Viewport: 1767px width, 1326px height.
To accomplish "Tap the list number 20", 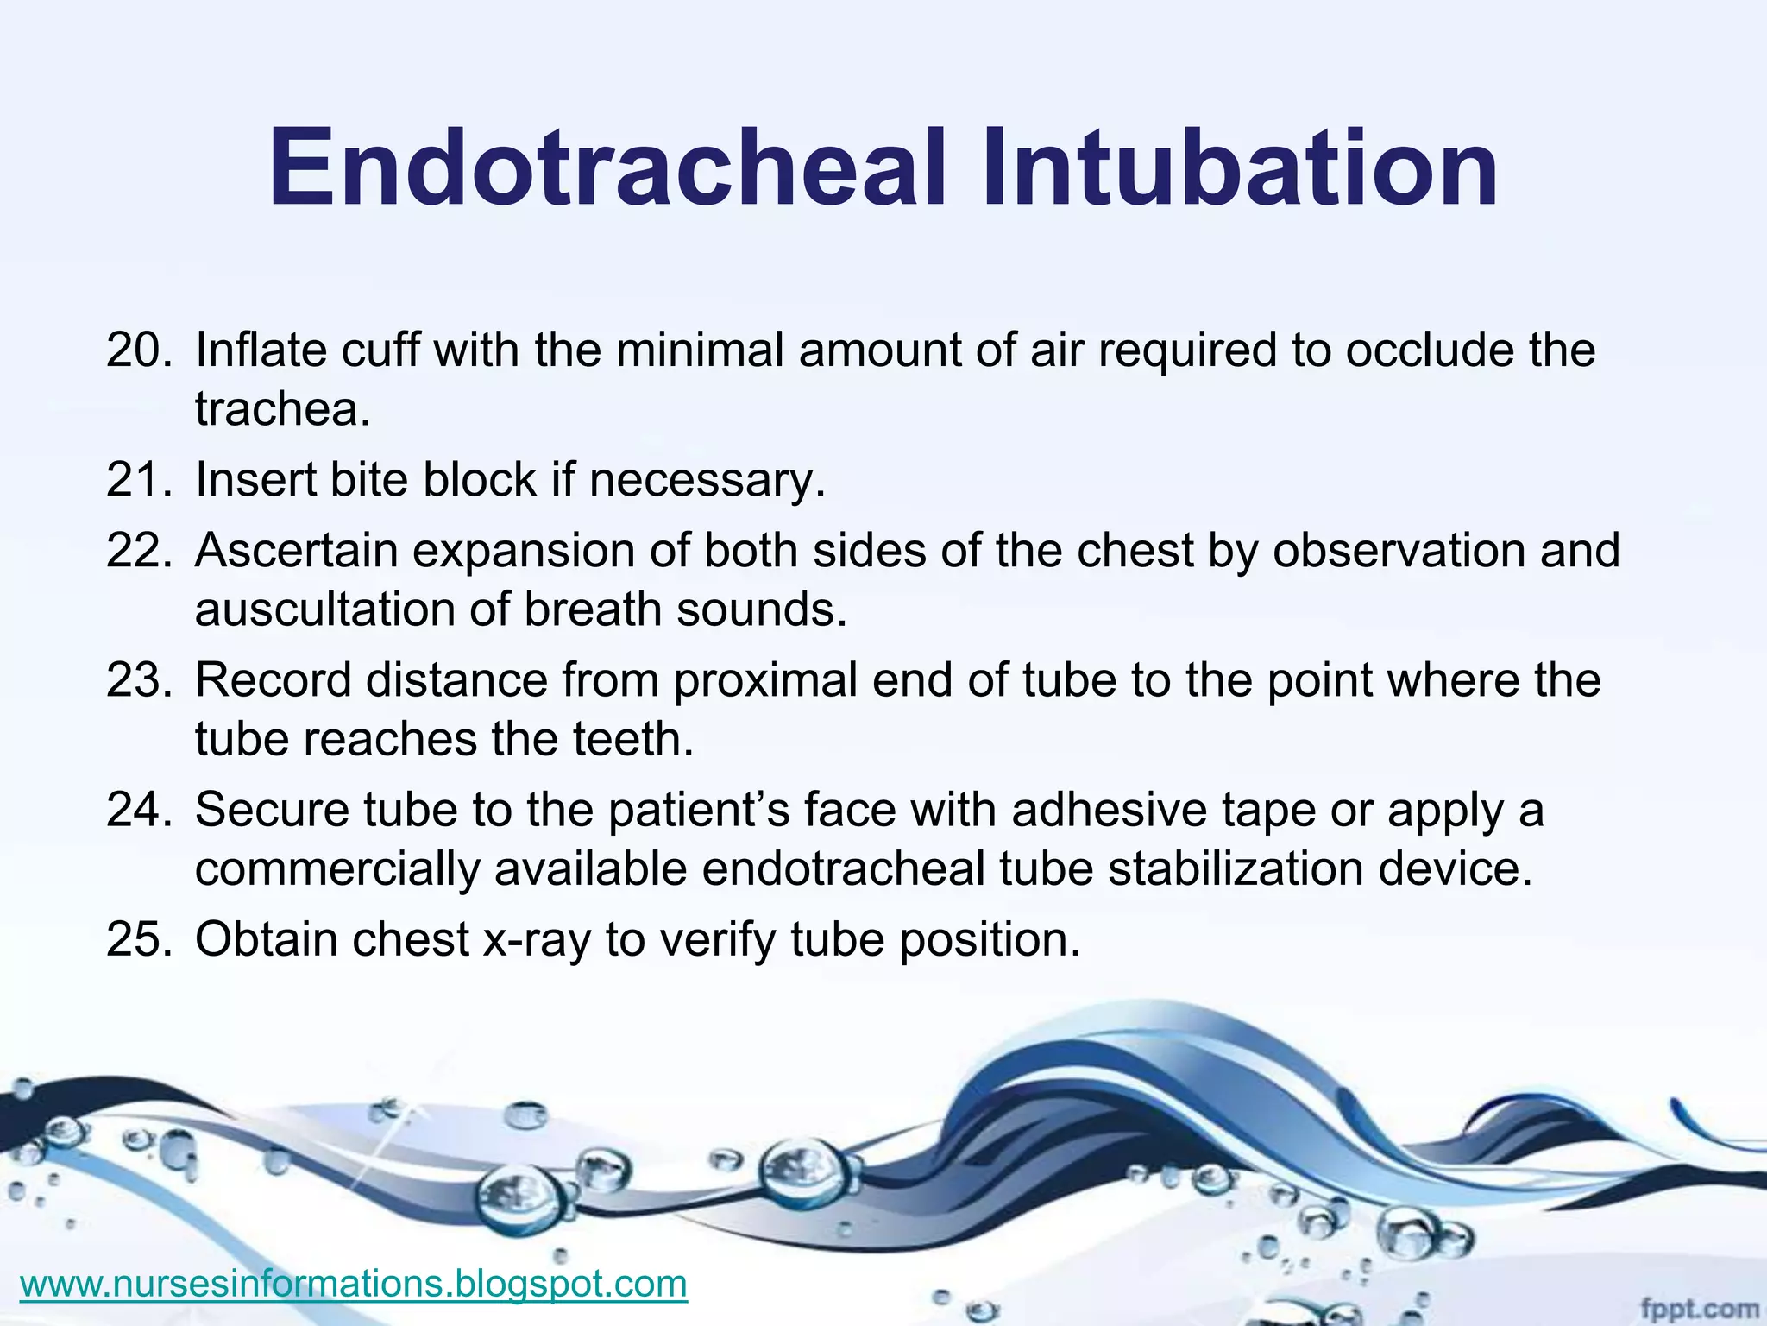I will tap(138, 350).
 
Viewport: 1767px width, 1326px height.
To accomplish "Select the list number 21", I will tap(138, 480).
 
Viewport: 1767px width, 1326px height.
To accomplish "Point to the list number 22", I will tap(138, 551).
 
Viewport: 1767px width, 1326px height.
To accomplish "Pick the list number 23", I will tap(138, 680).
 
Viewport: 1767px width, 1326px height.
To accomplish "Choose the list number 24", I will tap(138, 810).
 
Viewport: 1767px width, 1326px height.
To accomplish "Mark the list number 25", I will tap(138, 939).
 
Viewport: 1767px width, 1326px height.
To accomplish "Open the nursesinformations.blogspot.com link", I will tap(354, 1283).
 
